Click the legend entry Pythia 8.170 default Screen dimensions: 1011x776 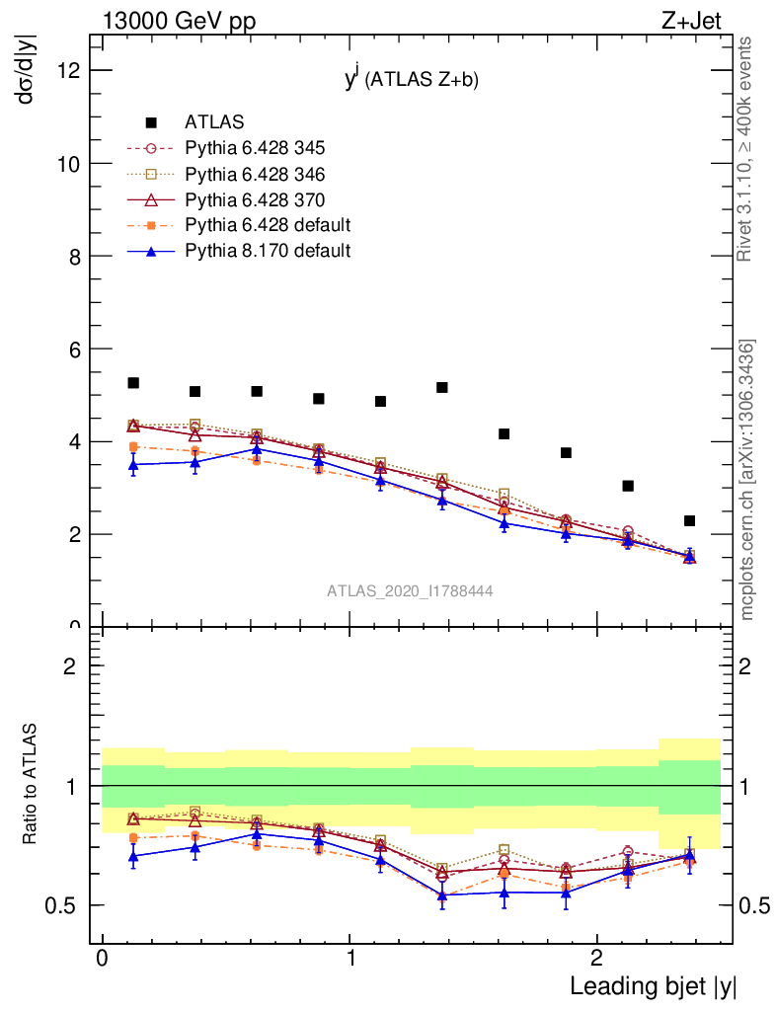tap(268, 251)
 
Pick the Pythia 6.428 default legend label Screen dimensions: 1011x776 tap(268, 225)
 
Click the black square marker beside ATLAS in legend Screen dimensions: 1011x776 tap(151, 122)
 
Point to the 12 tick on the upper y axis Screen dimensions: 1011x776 tap(71, 70)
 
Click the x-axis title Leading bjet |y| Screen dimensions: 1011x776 tap(653, 986)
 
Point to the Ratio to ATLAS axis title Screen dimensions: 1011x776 tap(31, 784)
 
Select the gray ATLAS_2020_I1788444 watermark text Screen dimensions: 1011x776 tap(410, 590)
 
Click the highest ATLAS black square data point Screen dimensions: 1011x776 tap(133, 383)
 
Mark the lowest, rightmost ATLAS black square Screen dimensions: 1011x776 tap(689, 520)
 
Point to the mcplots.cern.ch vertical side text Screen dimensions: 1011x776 tap(747, 480)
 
